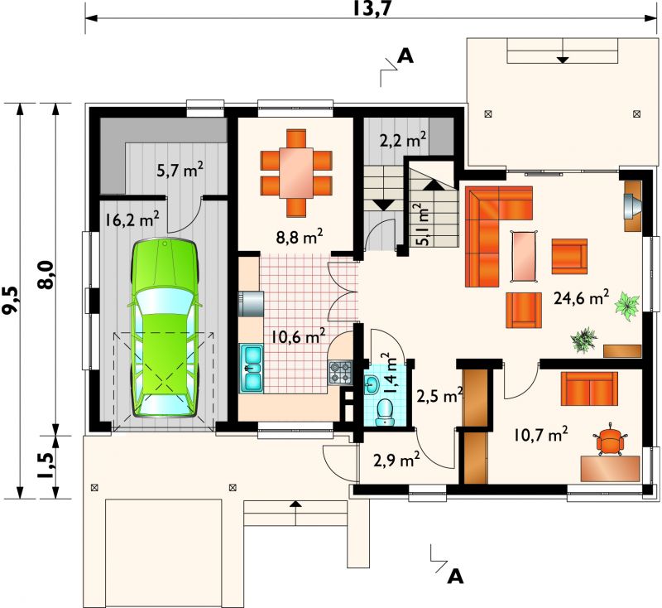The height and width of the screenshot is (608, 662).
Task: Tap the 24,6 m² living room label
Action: coord(581,298)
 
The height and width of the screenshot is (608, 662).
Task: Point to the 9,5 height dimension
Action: coord(11,300)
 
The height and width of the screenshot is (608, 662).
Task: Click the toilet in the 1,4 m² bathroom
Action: coord(385,413)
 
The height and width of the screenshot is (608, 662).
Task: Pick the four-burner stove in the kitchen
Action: coord(340,373)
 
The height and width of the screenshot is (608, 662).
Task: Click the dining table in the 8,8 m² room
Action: coord(296,172)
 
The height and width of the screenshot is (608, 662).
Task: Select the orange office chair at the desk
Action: coord(610,440)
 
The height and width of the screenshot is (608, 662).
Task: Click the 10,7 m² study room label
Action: coord(541,434)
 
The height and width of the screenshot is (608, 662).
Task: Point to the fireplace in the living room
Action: coord(632,205)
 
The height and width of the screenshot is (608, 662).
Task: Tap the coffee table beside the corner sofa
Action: coord(525,256)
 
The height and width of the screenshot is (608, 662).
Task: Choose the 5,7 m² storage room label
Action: coord(180,171)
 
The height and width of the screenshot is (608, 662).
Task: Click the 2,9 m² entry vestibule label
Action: coord(396,460)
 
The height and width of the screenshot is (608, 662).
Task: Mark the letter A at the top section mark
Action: coord(405,55)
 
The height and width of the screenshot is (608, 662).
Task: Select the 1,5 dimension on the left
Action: coord(47,466)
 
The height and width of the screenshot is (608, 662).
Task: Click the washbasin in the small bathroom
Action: coord(372,384)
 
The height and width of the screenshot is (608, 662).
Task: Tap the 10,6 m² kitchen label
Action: coord(299,336)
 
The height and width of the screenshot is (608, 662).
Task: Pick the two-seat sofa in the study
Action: coord(589,388)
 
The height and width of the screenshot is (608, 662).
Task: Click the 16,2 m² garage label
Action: coord(132,220)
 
